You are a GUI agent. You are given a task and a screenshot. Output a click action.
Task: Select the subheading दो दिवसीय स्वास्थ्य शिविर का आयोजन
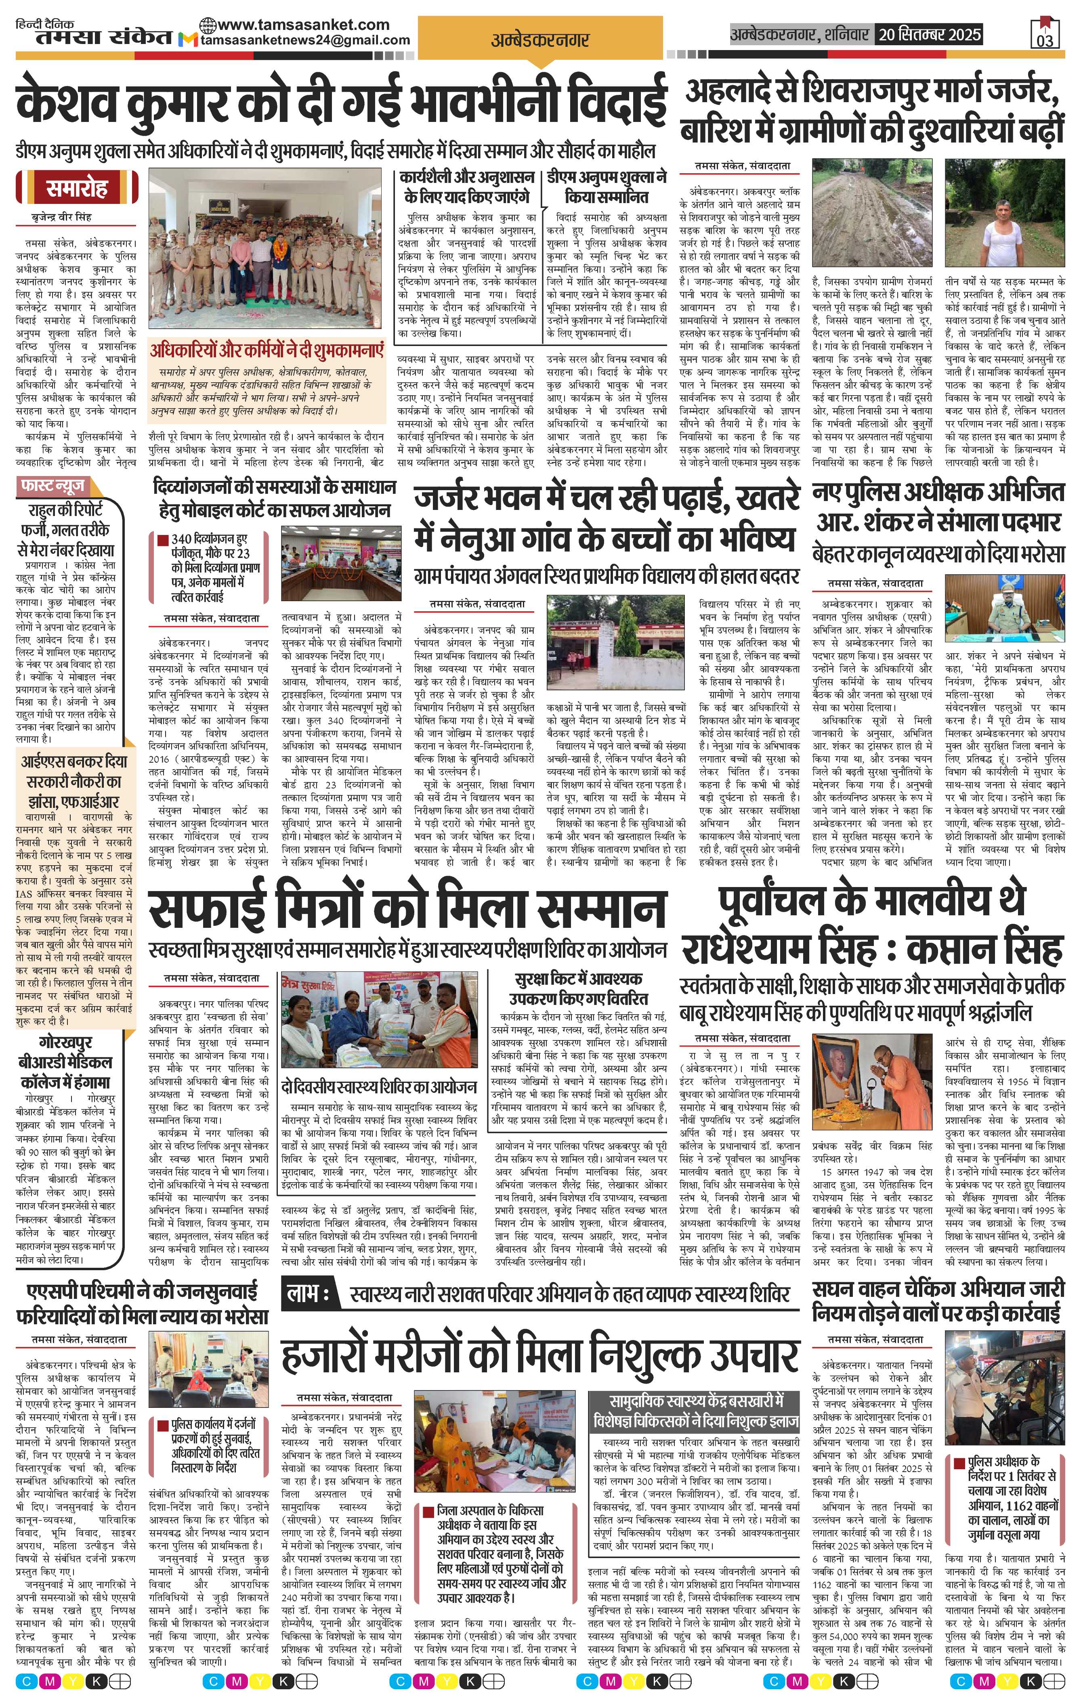378,1086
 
